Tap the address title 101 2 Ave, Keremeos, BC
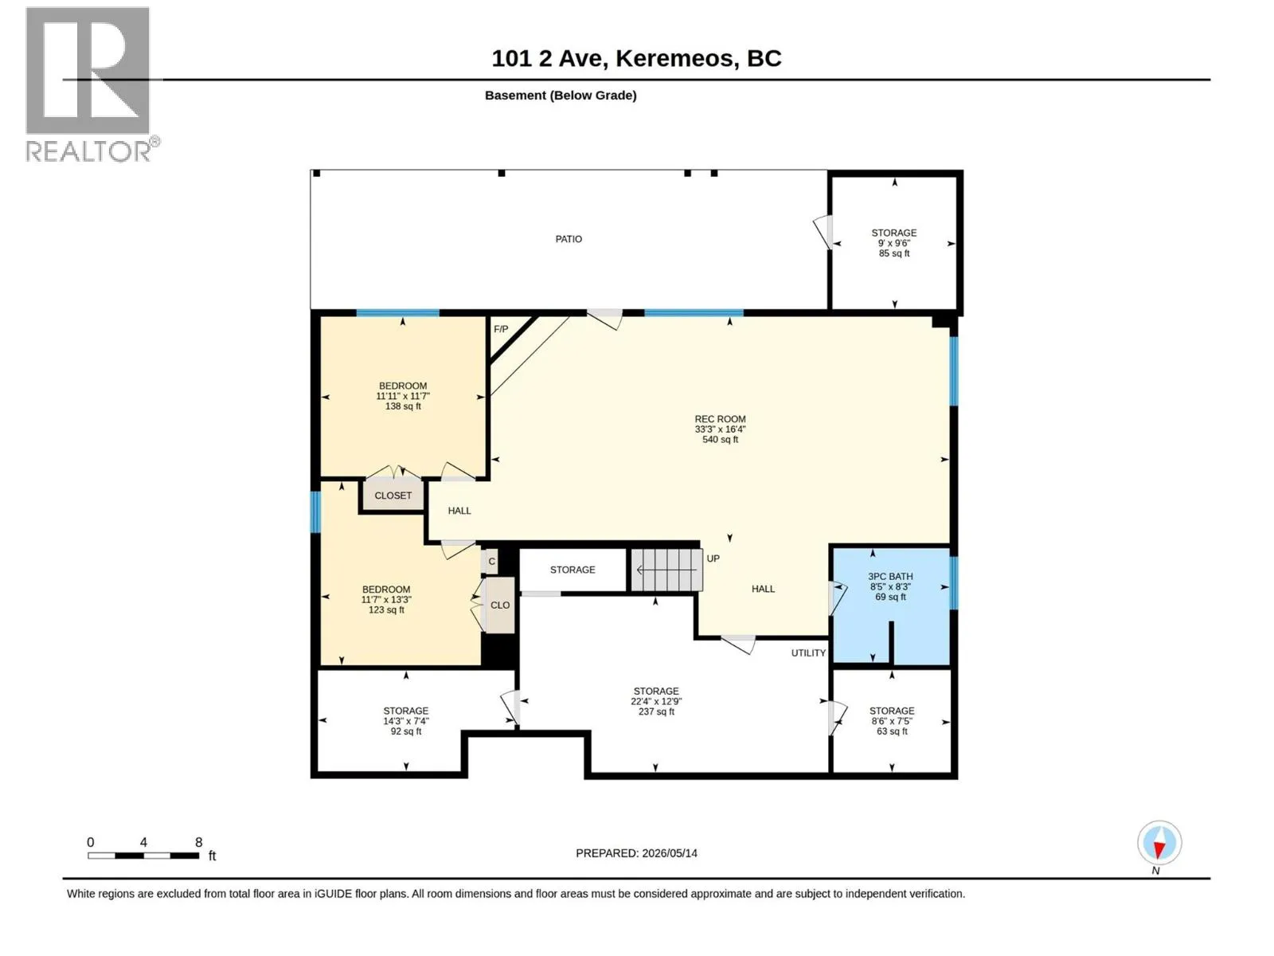pyautogui.click(x=637, y=58)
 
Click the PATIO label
pyautogui.click(x=569, y=239)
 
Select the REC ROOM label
pyautogui.click(x=720, y=419)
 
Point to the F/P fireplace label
pyautogui.click(x=500, y=329)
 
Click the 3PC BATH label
pyautogui.click(x=890, y=576)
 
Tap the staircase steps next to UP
pyautogui.click(x=667, y=570)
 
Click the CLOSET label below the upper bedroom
pyautogui.click(x=393, y=495)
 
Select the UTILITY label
pyautogui.click(x=808, y=653)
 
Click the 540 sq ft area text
pyautogui.click(x=721, y=440)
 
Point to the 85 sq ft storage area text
pyautogui.click(x=894, y=253)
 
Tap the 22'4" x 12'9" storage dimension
pyautogui.click(x=656, y=701)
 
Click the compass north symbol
pyautogui.click(x=1159, y=842)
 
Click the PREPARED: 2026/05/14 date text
pyautogui.click(x=636, y=853)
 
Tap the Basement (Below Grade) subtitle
pyautogui.click(x=561, y=95)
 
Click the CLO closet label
pyautogui.click(x=500, y=605)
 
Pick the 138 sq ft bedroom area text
pyautogui.click(x=403, y=406)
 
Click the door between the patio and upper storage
pyautogui.click(x=823, y=232)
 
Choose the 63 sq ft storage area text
pyautogui.click(x=892, y=731)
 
